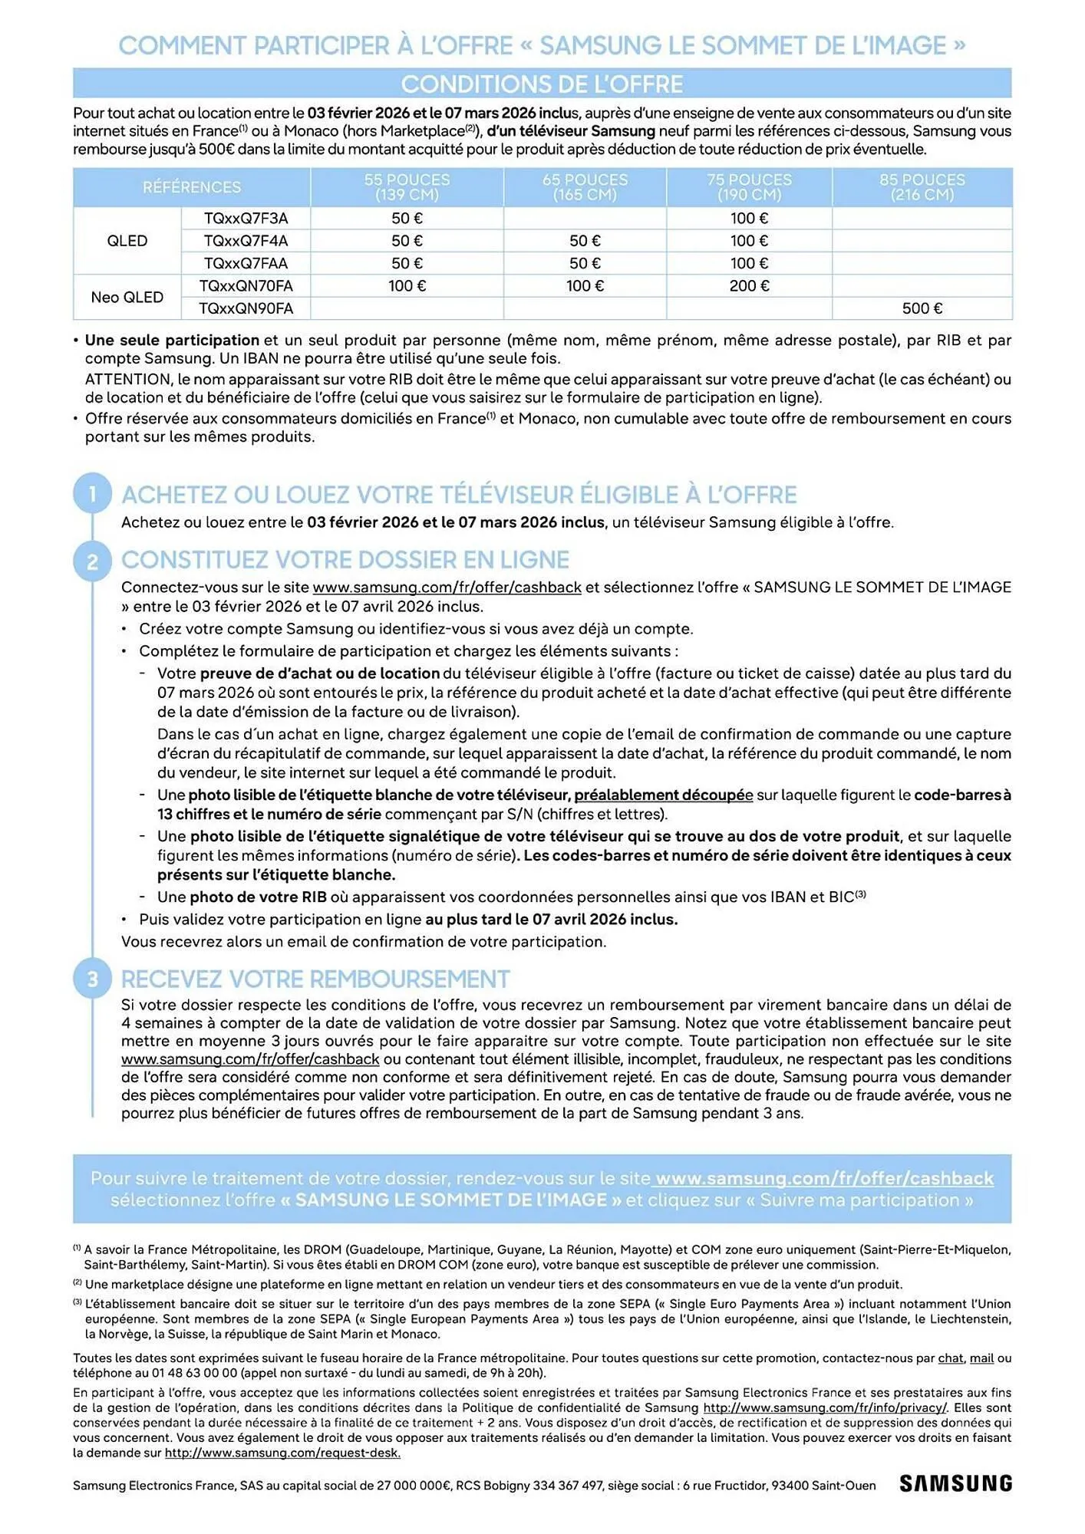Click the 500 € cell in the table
[922, 308]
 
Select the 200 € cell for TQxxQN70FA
[748, 286]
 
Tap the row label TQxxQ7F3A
[246, 219]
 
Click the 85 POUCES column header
[922, 187]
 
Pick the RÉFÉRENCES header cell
[192, 187]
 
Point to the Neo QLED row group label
[127, 298]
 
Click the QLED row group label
[127, 241]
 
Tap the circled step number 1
[93, 493]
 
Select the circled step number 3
[93, 979]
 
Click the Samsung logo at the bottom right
[955, 1483]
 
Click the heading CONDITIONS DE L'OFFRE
[542, 84]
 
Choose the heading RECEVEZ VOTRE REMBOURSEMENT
[315, 979]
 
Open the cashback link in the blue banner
[824, 1178]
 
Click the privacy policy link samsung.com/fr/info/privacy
[825, 1408]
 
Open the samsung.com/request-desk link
[282, 1453]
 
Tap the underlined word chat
[950, 1358]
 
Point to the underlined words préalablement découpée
[663, 795]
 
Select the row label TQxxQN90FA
[246, 308]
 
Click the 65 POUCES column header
[585, 187]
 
